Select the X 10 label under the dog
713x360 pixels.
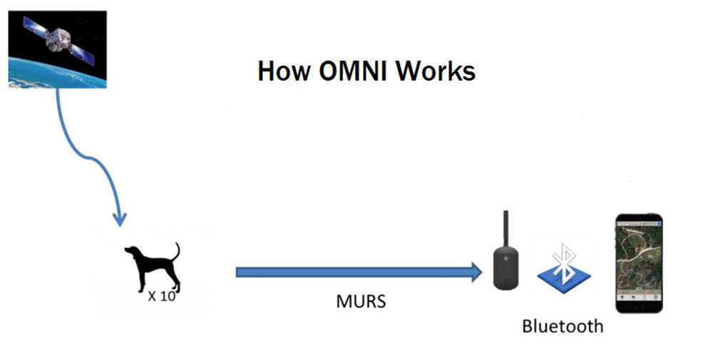click(x=161, y=296)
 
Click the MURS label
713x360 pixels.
click(x=361, y=302)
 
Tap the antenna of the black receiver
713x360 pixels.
click(x=506, y=227)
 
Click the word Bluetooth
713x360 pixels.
click(x=563, y=326)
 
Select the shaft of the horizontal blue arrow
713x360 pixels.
click(x=349, y=272)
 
